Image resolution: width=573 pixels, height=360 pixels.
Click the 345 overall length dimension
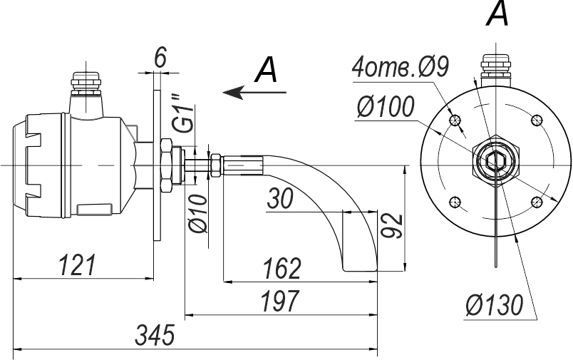(x=155, y=335)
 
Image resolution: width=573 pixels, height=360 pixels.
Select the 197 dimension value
(x=279, y=301)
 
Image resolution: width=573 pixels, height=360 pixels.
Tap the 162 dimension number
(x=282, y=269)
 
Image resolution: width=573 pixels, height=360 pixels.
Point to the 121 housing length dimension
(x=77, y=264)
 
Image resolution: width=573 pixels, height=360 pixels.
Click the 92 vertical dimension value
(x=392, y=225)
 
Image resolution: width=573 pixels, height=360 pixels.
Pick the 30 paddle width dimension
(x=280, y=199)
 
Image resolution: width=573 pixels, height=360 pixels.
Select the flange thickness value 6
(x=160, y=58)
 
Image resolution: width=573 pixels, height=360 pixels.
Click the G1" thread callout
(x=182, y=113)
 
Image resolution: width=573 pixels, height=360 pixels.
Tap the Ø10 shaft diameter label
(x=197, y=214)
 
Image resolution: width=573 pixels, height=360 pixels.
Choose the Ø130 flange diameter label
(x=495, y=304)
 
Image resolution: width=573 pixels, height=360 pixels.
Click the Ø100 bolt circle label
(x=386, y=107)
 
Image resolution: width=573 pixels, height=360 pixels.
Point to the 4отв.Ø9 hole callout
(x=400, y=68)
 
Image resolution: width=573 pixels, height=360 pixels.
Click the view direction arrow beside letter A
(x=254, y=93)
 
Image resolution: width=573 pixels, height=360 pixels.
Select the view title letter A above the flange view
(x=497, y=14)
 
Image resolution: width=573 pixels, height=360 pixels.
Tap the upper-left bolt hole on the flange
(x=455, y=120)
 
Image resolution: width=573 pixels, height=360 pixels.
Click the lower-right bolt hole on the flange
(x=537, y=201)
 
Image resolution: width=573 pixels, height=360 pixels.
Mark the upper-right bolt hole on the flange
(x=537, y=120)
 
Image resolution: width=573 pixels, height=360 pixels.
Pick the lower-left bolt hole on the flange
(x=455, y=201)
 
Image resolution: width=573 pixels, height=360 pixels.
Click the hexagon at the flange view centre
(x=496, y=160)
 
